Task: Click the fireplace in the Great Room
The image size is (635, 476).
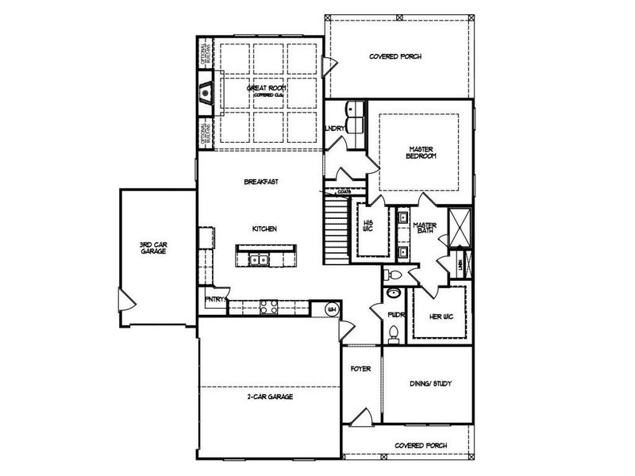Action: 206,94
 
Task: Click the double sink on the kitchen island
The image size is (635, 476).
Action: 259,259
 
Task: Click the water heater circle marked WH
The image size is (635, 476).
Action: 333,309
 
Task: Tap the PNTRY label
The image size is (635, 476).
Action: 214,299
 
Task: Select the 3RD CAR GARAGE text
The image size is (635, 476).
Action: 154,247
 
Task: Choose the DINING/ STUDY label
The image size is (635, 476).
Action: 430,384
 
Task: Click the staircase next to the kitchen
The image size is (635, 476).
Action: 334,232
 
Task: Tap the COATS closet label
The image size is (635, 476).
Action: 344,191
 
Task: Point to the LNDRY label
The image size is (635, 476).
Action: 333,128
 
